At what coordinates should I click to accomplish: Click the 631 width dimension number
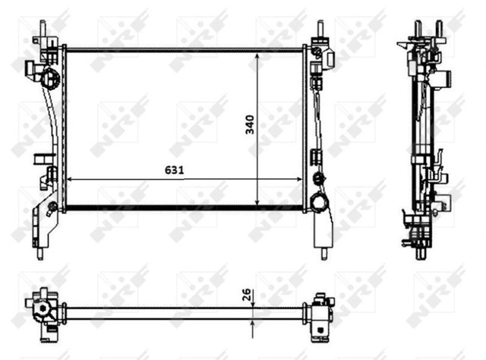174,170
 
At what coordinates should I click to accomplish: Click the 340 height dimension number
250,125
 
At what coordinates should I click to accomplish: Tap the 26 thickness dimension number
246,295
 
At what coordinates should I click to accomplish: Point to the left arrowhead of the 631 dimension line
69,179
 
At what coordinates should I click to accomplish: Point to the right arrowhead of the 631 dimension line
299,179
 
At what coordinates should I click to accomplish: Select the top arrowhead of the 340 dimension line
257,56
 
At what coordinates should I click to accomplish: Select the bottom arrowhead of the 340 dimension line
257,202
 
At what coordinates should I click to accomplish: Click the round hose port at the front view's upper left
49,78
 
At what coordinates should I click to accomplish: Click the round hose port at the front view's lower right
320,201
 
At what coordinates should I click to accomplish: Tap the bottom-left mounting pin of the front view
40,254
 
